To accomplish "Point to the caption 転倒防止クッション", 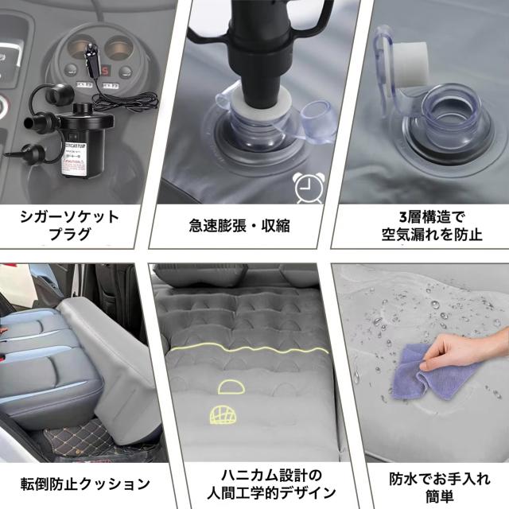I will click(x=84, y=483).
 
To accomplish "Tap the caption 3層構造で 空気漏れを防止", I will click(x=424, y=225).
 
